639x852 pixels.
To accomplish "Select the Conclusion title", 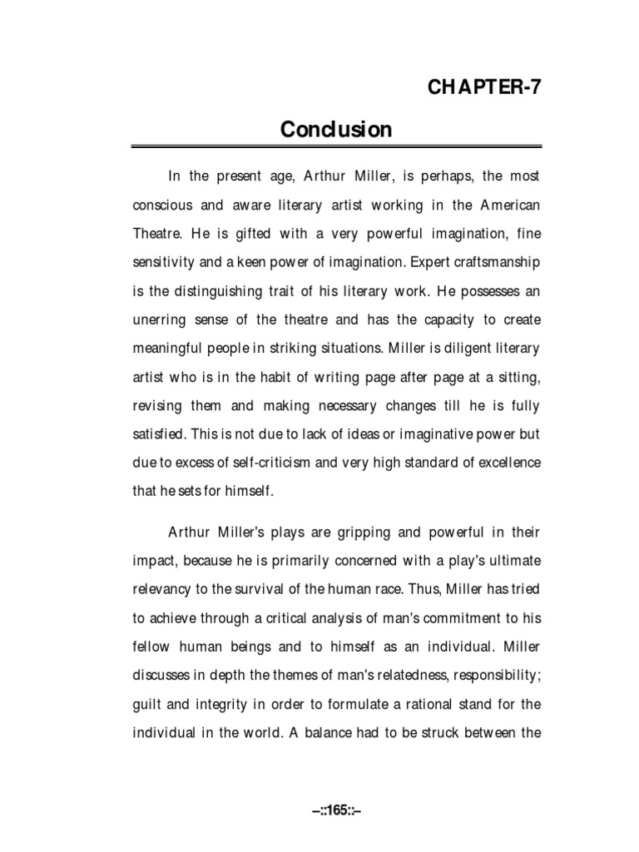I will coord(335,129).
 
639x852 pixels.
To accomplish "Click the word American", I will coord(506,205).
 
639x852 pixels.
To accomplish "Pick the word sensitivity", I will coord(165,263).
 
